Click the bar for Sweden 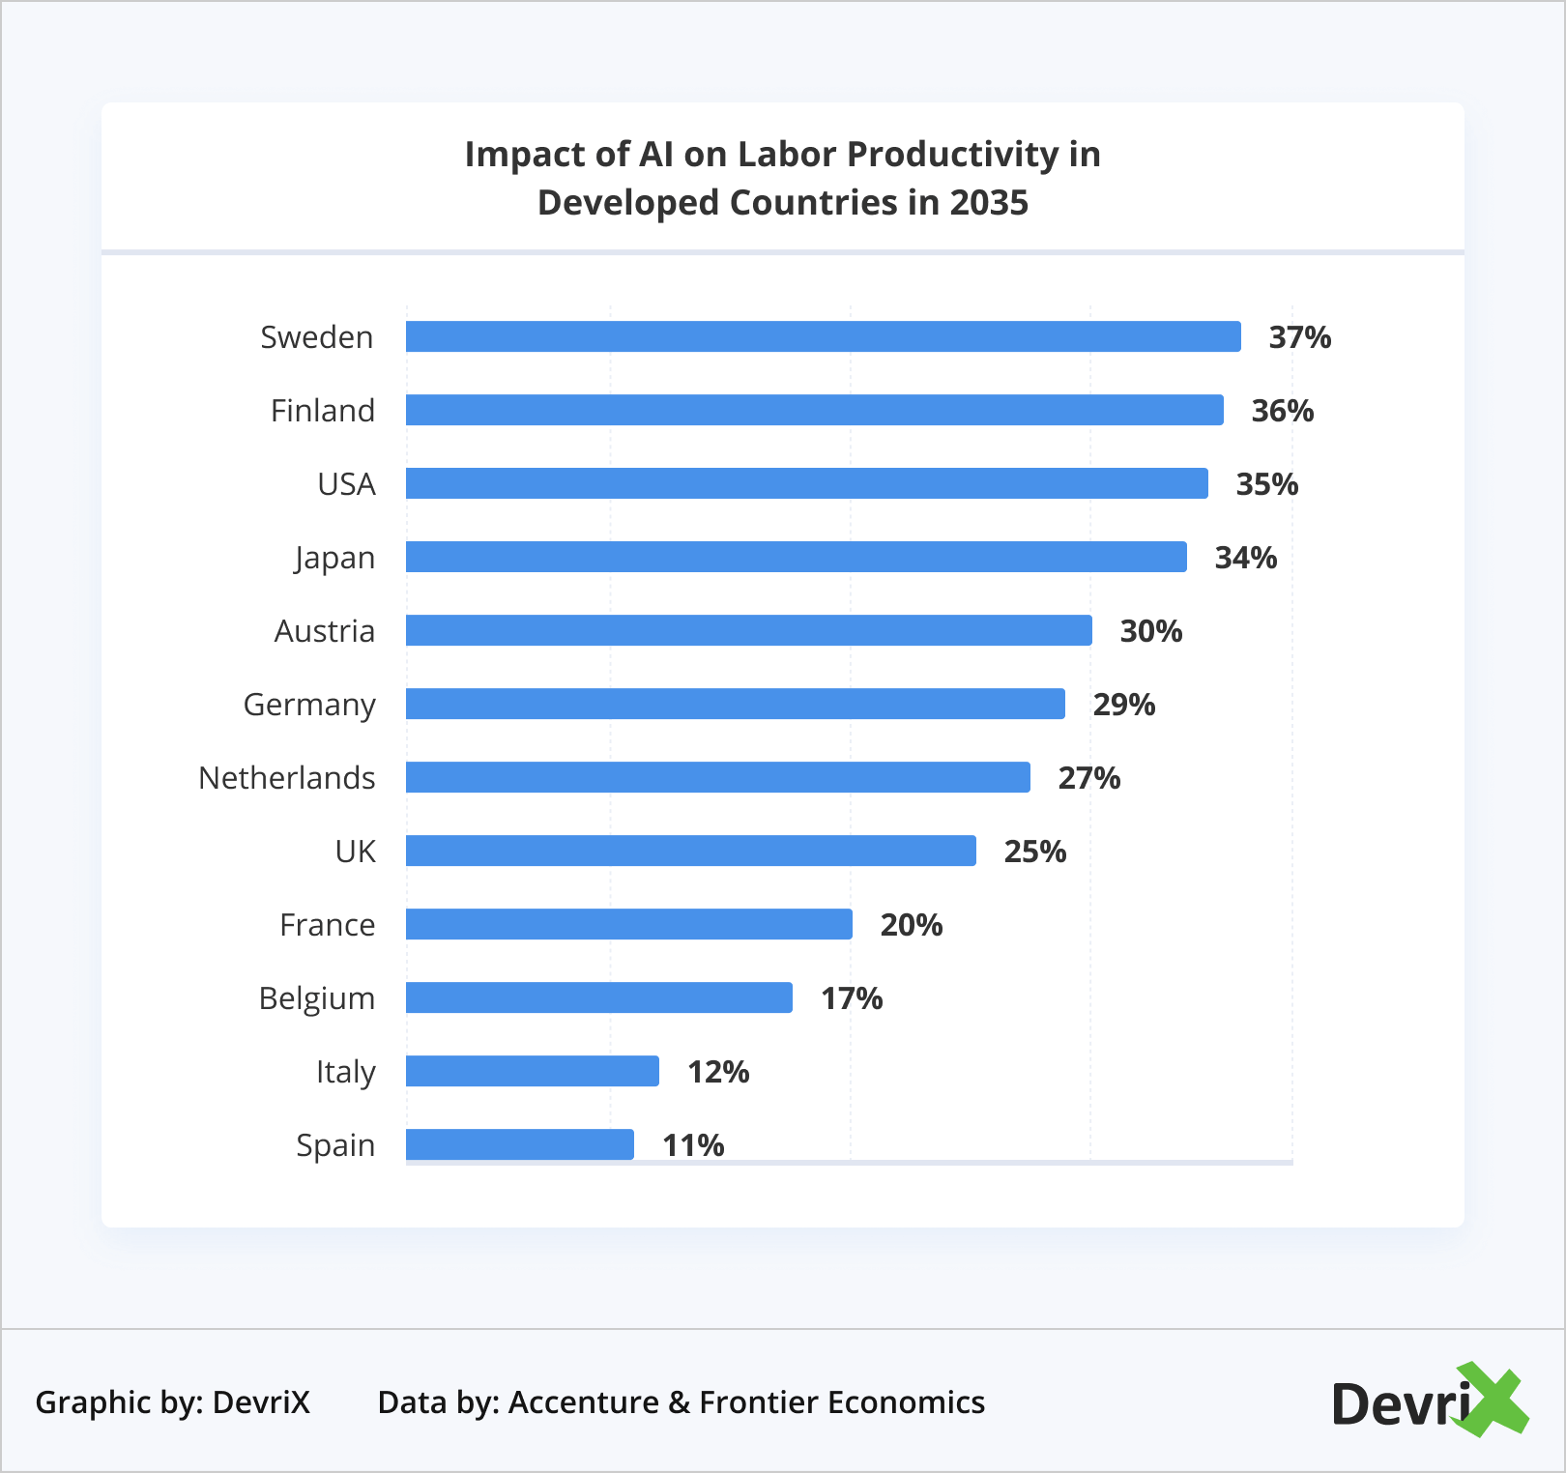[x=823, y=336]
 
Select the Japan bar [x=796, y=557]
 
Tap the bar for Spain [x=519, y=1144]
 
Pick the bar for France [x=628, y=924]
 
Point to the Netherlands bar [x=717, y=777]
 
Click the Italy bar [x=532, y=1071]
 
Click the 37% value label [x=1299, y=337]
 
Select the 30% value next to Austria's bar [x=1150, y=631]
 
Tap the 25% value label [x=1034, y=852]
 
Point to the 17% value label [x=851, y=998]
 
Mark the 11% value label [x=692, y=1145]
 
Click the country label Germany [x=309, y=705]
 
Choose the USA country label [x=346, y=484]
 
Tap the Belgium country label [x=316, y=998]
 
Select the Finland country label [x=322, y=411]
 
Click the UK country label [x=355, y=852]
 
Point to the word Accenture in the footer [x=583, y=1401]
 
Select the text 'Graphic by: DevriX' [x=173, y=1401]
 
